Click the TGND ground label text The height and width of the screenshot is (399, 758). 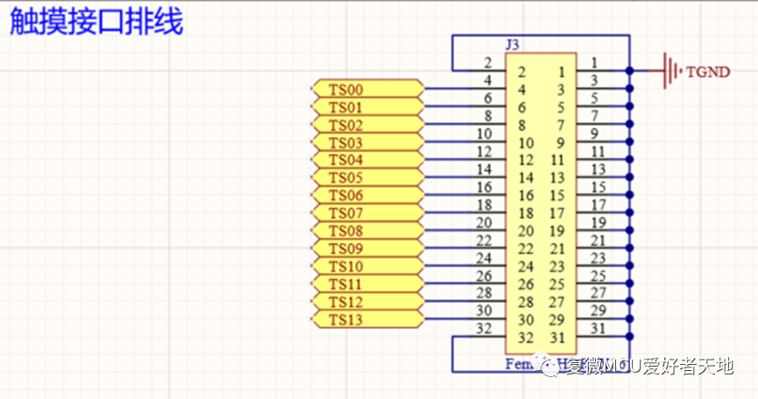point(708,72)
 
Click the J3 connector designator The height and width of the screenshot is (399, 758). point(513,44)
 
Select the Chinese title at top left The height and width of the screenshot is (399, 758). point(96,22)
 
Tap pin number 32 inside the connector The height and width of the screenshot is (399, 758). point(526,338)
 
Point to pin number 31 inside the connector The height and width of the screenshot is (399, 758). point(557,338)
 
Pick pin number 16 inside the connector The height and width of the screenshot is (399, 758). point(526,196)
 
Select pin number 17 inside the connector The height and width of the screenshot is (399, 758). point(557,213)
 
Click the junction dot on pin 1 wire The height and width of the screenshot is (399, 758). point(630,71)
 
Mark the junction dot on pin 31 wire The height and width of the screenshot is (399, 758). point(630,337)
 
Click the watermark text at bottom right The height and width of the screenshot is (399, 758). point(648,367)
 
